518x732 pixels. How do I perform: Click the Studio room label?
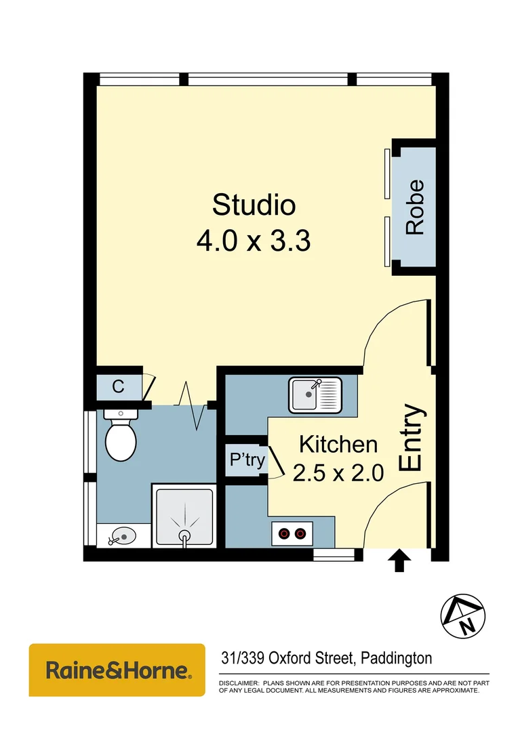coord(254,204)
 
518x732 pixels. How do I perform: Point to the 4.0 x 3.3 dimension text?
coord(254,240)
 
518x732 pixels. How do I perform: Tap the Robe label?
coord(415,207)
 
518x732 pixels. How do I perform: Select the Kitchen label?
coord(338,445)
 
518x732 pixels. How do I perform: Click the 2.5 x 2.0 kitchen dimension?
coord(338,472)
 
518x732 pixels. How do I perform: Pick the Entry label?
coord(412,438)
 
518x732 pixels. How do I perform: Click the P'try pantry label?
coord(247,459)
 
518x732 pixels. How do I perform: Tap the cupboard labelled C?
coord(118,387)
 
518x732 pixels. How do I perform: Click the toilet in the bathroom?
coord(121,437)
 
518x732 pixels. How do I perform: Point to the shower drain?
coord(184,536)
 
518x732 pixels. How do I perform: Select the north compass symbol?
coord(464,616)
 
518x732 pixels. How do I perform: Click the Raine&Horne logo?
coord(117,670)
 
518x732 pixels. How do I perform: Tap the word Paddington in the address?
coord(397,658)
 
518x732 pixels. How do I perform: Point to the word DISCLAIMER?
coord(239,683)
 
